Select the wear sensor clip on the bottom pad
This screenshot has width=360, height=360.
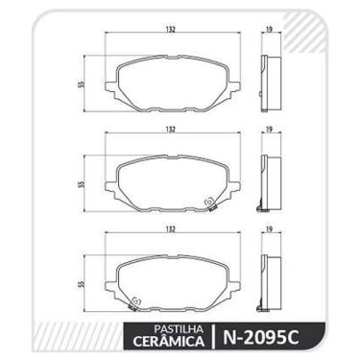pos(136,301)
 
